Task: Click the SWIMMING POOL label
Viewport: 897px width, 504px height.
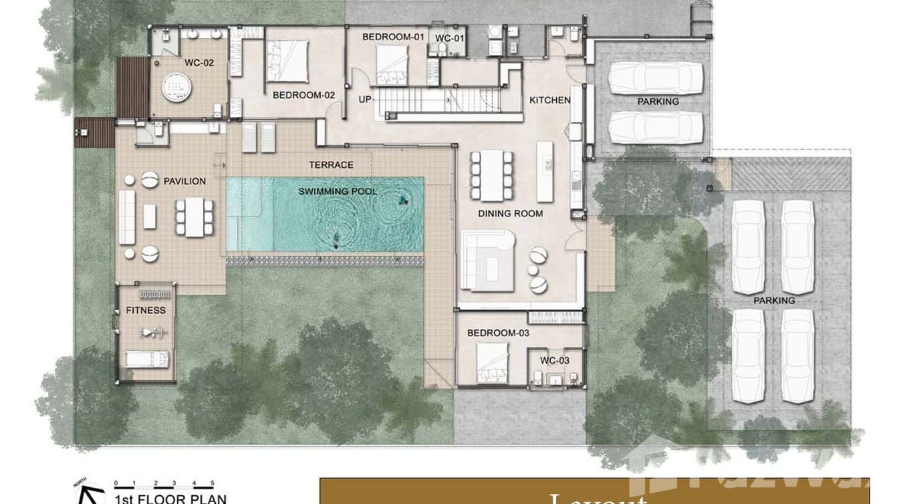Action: click(338, 192)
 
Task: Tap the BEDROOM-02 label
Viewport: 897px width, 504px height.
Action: click(303, 96)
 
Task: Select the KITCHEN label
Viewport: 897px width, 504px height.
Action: click(549, 100)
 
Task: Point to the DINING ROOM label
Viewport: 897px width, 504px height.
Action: click(510, 214)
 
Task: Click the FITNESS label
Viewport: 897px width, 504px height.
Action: click(146, 310)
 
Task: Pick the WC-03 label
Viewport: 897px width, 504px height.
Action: click(555, 361)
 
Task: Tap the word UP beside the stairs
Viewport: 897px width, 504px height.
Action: click(365, 100)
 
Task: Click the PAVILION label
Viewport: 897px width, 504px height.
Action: click(184, 181)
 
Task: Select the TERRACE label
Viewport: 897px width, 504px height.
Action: click(331, 164)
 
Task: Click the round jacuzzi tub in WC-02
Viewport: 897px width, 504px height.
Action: click(176, 86)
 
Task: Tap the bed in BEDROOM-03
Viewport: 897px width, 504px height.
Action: click(492, 362)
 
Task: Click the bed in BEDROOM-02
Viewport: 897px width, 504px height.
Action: click(287, 61)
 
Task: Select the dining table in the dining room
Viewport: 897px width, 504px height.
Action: click(491, 176)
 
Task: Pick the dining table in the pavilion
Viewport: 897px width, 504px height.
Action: click(195, 217)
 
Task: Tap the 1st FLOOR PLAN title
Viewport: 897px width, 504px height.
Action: click(170, 499)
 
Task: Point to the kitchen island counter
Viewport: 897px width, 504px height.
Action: click(545, 171)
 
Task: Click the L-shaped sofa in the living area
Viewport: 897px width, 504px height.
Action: click(487, 261)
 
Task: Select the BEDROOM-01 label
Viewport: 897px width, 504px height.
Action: click(394, 37)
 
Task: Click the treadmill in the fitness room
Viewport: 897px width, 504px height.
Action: click(147, 359)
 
